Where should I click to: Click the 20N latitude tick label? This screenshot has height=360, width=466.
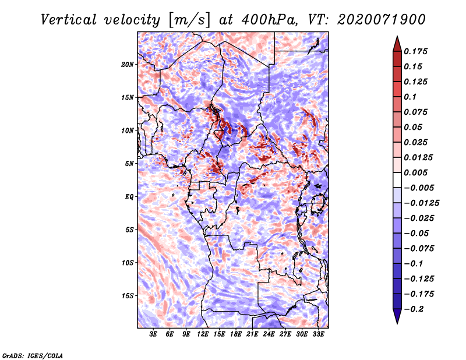coord(128,65)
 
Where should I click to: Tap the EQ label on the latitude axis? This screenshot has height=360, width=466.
coord(129,197)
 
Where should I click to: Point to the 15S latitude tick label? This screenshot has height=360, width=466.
coord(128,296)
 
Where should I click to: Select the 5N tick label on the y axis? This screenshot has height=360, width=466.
coord(129,164)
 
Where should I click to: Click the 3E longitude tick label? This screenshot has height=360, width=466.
coord(153,334)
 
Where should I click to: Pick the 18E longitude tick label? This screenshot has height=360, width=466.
coord(236,334)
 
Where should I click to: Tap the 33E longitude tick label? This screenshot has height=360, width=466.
coord(318,334)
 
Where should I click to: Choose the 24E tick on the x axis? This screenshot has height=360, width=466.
coord(269,334)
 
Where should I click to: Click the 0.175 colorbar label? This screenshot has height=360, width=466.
coord(415,51)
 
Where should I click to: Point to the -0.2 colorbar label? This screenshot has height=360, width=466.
coord(414,309)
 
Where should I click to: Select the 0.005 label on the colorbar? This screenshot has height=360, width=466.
coord(415,172)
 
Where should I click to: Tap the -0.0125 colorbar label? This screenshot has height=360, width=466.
coord(421,203)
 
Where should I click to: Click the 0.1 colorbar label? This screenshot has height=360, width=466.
coord(410,97)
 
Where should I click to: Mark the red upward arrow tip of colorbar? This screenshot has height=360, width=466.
coord(397,36)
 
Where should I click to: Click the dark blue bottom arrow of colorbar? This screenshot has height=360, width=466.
coord(397,316)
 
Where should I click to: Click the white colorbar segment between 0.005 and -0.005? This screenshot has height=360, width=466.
coord(397,180)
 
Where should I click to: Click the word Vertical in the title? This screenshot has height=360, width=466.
coord(69,20)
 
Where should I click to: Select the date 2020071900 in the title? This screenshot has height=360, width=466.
coord(382,20)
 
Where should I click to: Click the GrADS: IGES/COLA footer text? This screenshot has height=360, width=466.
coord(33,355)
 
